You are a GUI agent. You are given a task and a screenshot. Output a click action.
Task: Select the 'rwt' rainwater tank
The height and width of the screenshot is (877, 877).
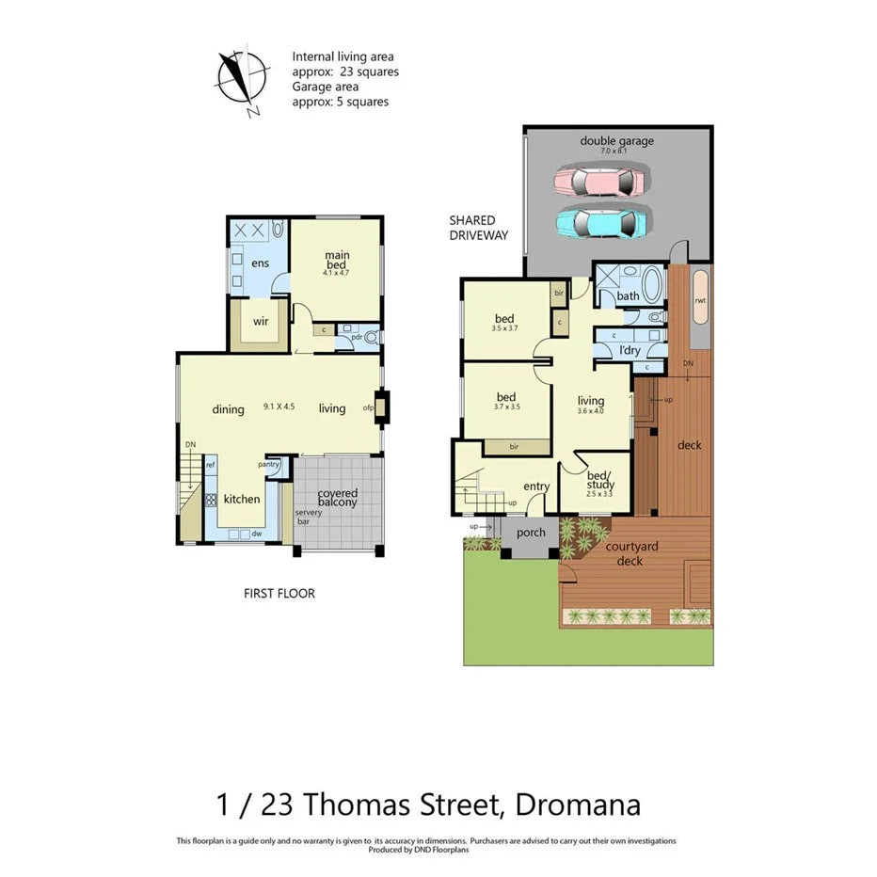tap(700, 301)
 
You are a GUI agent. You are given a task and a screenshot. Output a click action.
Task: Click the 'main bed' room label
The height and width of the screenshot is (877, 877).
tap(337, 262)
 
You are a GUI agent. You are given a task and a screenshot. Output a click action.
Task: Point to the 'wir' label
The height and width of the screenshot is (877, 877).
tap(261, 321)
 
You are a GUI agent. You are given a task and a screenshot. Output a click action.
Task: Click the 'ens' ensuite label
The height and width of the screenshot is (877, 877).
tap(261, 263)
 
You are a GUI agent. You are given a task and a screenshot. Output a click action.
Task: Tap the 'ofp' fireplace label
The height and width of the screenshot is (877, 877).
tap(369, 407)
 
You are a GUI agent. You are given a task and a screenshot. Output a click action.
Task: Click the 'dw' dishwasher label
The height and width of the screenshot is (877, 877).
tap(255, 534)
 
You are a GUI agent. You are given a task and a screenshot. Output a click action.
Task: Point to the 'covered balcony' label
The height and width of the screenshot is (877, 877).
tap(337, 499)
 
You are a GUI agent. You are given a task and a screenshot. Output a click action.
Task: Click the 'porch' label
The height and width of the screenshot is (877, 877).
tap(532, 533)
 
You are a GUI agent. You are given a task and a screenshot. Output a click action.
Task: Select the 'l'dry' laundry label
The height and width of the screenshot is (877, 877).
tap(630, 350)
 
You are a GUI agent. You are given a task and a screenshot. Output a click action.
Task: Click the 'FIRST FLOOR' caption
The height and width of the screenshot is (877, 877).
tap(279, 594)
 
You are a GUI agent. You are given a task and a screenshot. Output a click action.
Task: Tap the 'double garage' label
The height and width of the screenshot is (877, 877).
tap(616, 142)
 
